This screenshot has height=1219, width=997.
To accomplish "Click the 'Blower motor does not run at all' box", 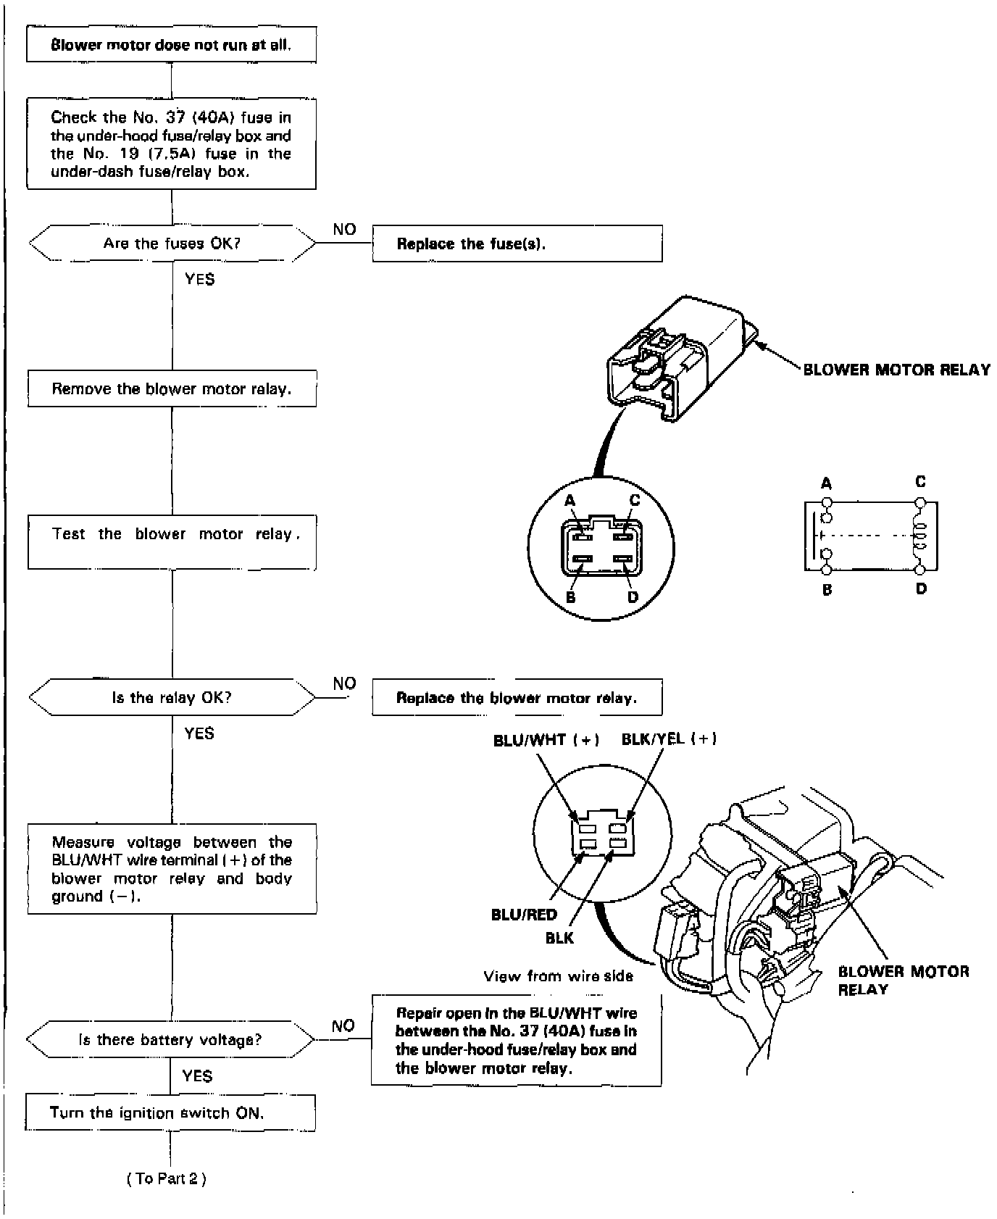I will (x=171, y=45).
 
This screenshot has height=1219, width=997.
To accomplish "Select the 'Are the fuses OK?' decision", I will (x=172, y=244).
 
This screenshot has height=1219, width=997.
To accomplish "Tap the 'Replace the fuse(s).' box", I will (x=517, y=244).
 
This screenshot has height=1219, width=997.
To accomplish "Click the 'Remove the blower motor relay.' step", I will (x=172, y=389).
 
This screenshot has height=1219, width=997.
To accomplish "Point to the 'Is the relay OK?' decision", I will (x=172, y=697).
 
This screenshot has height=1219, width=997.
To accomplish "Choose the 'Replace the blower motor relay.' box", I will (x=517, y=697).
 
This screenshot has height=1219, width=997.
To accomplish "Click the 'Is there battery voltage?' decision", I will (x=170, y=1040).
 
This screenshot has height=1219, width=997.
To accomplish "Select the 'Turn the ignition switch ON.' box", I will (x=170, y=1112).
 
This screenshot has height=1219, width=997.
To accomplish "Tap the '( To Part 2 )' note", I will (x=167, y=1179).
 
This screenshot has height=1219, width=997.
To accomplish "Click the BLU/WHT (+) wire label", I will (x=546, y=740).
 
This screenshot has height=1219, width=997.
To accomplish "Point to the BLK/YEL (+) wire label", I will (x=669, y=739).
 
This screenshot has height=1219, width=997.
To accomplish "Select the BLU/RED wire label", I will (x=524, y=915).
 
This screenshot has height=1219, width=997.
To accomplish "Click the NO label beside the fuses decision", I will (x=345, y=230).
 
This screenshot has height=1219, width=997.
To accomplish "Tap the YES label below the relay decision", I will (x=199, y=733).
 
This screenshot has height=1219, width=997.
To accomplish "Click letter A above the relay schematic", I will (x=827, y=484).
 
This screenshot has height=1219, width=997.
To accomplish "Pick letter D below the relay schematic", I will (x=921, y=589).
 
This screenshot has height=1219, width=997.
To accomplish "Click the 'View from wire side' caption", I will (x=558, y=976).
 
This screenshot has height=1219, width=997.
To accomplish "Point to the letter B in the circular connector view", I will (x=571, y=598).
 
